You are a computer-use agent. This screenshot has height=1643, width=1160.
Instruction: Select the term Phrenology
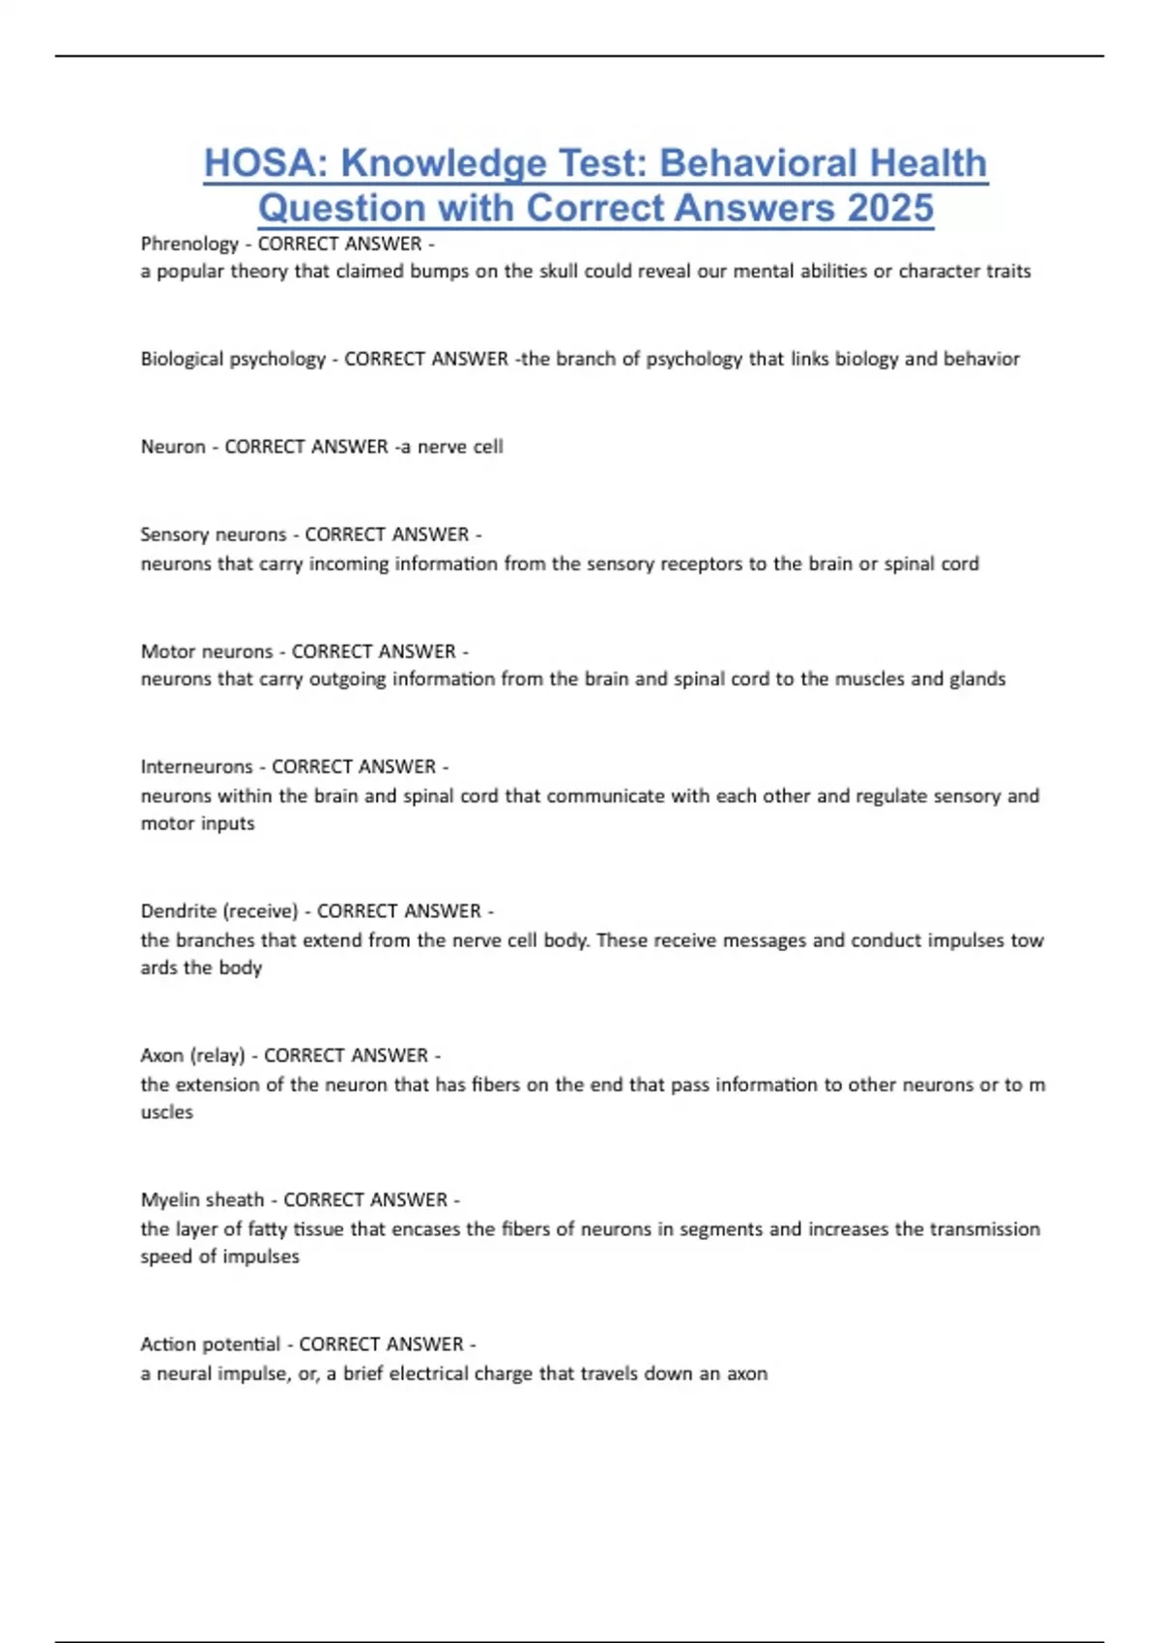pos(189,244)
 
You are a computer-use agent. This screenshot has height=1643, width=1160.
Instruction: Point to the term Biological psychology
pos(233,360)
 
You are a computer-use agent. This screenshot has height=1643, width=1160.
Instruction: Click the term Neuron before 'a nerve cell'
pos(173,447)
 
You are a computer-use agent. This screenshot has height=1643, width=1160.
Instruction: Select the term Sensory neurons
pos(214,534)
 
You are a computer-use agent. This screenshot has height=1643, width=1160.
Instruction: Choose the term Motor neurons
pos(207,651)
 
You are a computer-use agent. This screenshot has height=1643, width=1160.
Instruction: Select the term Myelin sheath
pos(202,1200)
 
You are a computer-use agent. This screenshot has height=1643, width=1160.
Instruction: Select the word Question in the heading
pos(342,208)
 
